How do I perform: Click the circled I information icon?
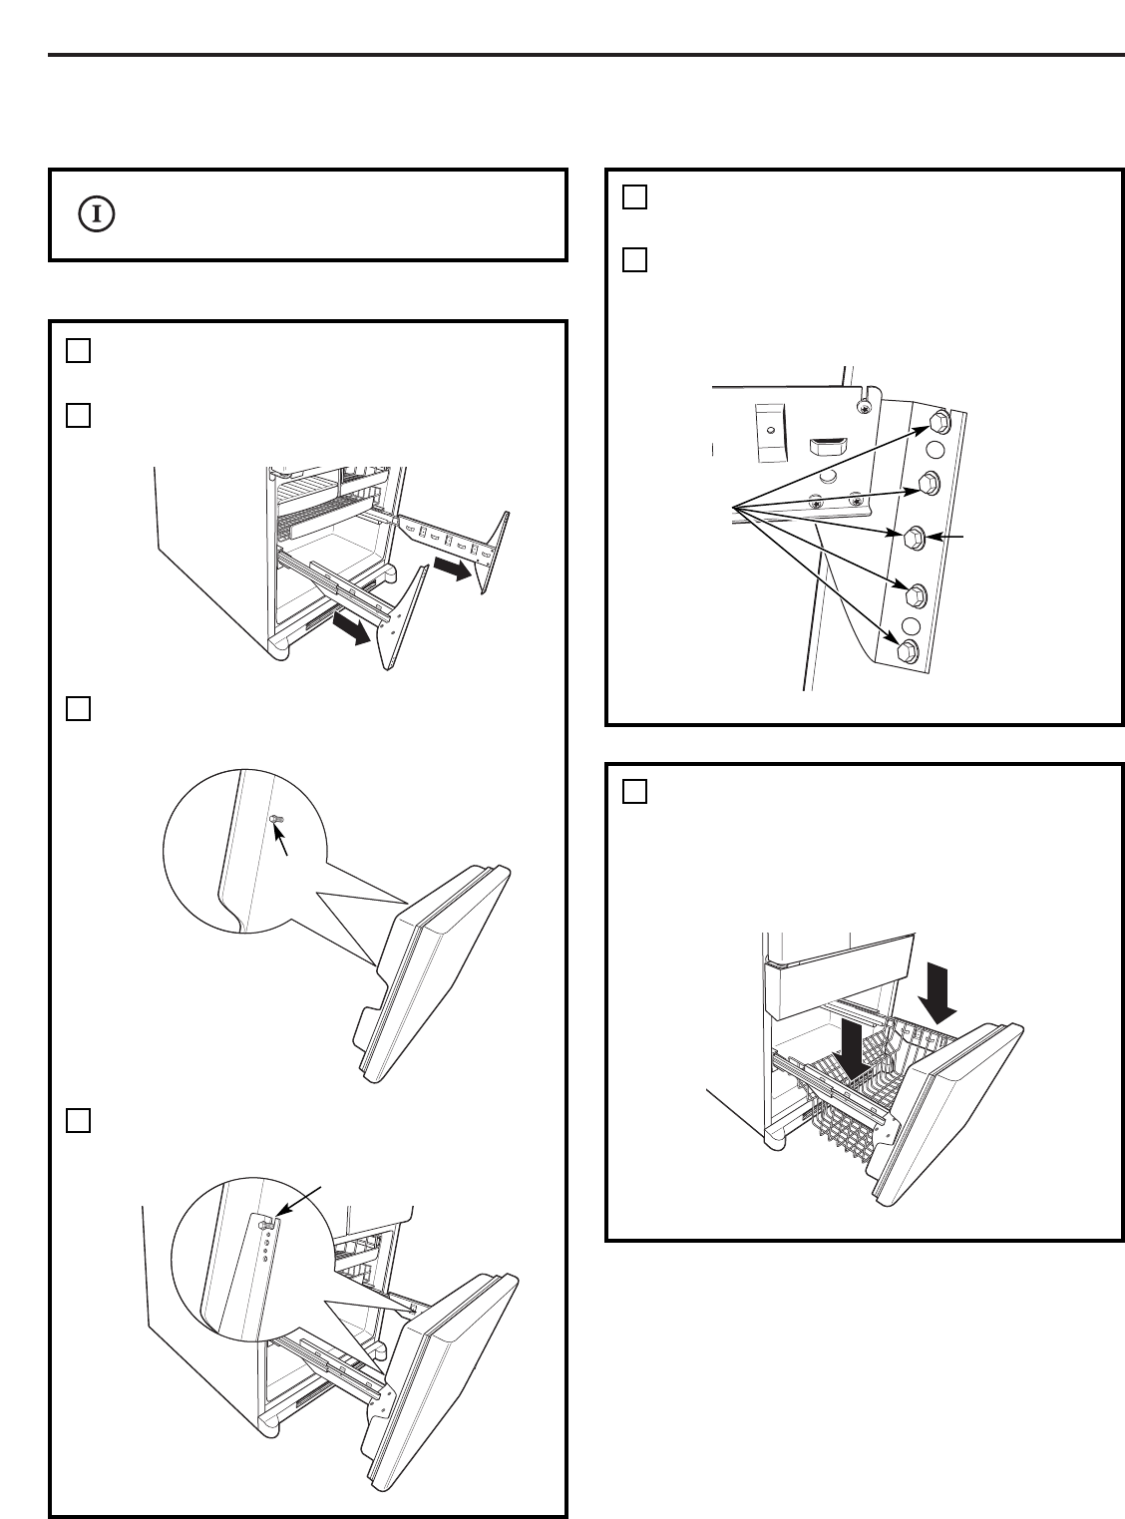(98, 213)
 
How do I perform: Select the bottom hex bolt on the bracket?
(908, 651)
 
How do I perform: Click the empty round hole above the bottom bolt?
(911, 626)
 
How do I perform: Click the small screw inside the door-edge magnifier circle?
(276, 818)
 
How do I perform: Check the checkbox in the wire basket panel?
(635, 791)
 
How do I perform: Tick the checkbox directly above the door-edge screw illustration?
(79, 709)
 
